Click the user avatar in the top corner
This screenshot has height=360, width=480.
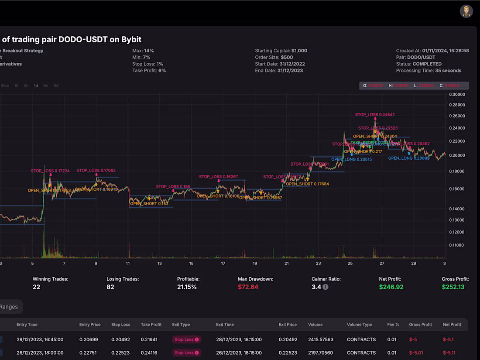click(466, 11)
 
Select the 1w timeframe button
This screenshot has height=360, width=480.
click(46, 86)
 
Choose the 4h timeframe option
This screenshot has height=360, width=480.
click(26, 86)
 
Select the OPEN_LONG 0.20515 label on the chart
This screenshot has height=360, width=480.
click(351, 159)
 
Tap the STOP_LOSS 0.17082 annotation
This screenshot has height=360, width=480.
click(96, 170)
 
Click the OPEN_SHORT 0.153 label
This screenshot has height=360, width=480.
click(149, 203)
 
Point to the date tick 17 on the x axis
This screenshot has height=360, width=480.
click(223, 264)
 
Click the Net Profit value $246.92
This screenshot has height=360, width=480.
click(391, 287)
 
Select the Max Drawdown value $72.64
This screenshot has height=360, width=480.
click(248, 287)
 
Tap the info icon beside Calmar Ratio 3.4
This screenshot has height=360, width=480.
click(326, 287)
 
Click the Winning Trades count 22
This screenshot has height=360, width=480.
click(37, 287)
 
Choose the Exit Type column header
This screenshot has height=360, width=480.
click(181, 325)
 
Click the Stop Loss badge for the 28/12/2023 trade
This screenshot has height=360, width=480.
click(186, 339)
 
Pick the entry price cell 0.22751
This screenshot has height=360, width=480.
click(90, 353)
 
